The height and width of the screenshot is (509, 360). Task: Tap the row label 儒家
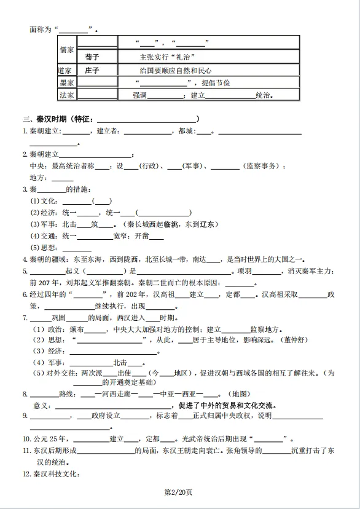(x=66, y=49)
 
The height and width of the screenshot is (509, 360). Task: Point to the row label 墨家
(x=66, y=82)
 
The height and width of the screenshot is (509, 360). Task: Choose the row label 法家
(x=66, y=95)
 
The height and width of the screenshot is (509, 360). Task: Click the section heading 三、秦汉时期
(x=46, y=119)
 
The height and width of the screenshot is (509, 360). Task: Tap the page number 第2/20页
(x=179, y=492)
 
